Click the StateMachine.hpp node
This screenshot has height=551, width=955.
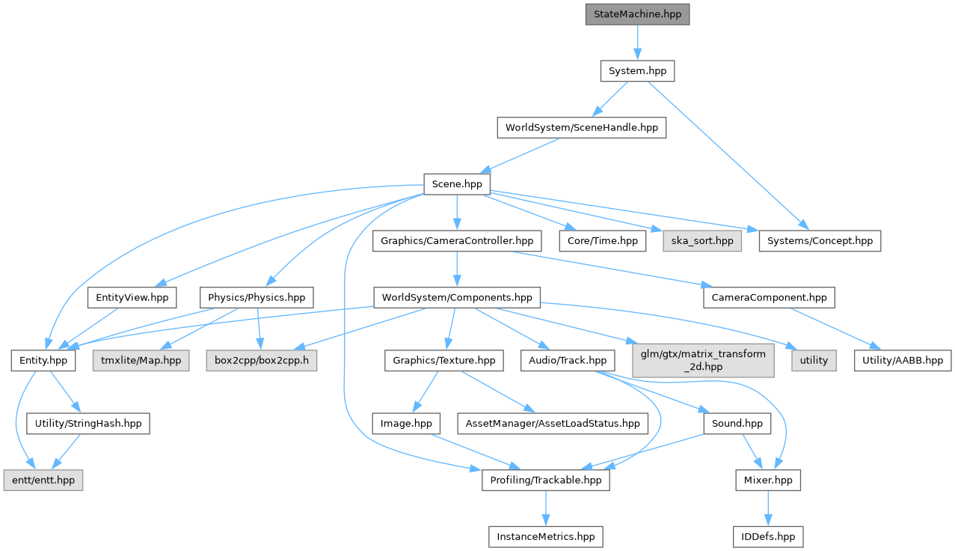click(637, 14)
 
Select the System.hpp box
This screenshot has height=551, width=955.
click(637, 71)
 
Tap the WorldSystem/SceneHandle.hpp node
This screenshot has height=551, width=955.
click(581, 127)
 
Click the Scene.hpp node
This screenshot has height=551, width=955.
click(457, 184)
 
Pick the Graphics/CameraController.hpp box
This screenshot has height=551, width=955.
click(456, 241)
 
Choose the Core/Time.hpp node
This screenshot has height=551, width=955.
click(602, 241)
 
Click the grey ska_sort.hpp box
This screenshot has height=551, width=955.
click(702, 241)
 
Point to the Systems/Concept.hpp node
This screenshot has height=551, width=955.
click(820, 241)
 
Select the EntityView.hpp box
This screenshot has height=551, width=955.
click(132, 297)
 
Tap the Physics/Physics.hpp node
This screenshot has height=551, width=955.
click(257, 297)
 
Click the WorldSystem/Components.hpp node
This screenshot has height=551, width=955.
click(456, 297)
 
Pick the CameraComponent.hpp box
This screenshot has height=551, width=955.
click(768, 297)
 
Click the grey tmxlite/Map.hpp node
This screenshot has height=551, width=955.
click(141, 361)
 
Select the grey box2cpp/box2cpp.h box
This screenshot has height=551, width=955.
click(257, 361)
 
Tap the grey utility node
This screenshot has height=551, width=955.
click(814, 361)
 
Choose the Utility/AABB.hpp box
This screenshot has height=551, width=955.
click(903, 361)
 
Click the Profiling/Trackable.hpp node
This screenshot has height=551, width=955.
click(545, 480)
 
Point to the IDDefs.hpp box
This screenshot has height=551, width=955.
click(768, 536)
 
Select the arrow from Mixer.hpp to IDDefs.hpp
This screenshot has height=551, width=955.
click(768, 508)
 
